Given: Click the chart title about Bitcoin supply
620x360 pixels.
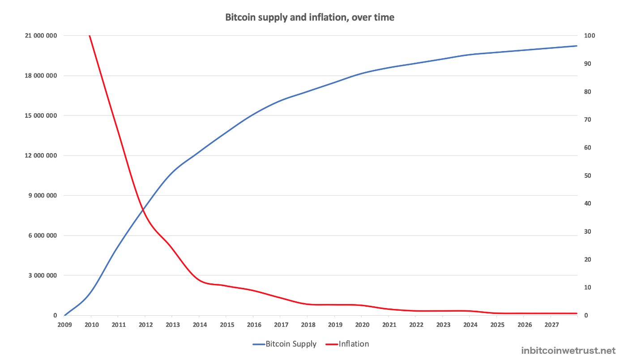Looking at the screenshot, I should [x=310, y=18].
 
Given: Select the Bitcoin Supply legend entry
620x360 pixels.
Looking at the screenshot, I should [x=285, y=344].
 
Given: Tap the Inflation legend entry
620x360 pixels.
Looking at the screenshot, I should [x=347, y=344].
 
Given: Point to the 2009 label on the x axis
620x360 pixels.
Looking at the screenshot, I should [x=64, y=325].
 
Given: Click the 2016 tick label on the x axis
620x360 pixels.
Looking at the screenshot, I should [x=254, y=325].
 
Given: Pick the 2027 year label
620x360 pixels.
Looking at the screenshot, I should [x=552, y=325].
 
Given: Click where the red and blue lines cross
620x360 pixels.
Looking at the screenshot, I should [x=143, y=209].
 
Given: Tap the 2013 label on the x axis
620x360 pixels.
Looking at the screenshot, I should [x=172, y=325].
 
